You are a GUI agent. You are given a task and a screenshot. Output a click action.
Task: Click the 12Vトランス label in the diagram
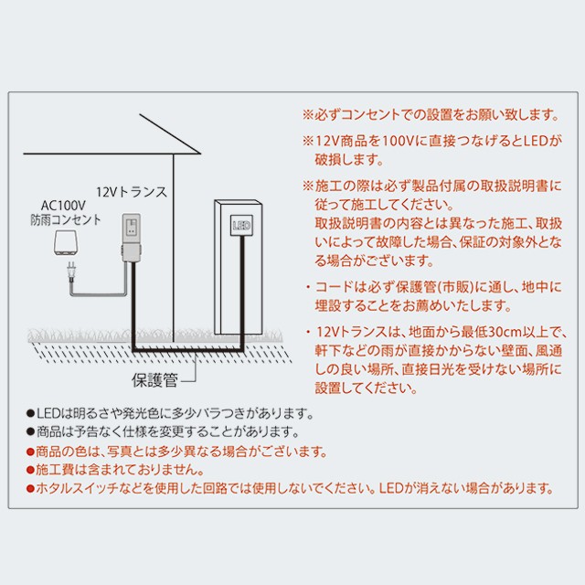point(132,192)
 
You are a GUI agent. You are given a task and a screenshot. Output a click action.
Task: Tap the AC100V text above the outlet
point(63,206)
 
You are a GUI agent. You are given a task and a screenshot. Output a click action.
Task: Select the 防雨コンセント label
point(66,219)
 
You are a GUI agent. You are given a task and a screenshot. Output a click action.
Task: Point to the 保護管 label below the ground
point(154,380)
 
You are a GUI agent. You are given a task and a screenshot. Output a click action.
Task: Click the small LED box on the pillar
point(241,225)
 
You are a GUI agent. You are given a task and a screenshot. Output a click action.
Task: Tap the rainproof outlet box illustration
point(65,243)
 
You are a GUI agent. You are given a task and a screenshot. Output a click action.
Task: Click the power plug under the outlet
point(71,271)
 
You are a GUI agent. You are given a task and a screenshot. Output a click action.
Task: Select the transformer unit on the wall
point(132,238)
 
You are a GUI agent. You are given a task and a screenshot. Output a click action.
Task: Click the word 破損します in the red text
point(349,160)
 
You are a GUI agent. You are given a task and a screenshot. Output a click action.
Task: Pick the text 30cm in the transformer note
point(505,332)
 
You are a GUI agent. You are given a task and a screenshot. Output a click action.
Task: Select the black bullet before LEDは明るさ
point(30,413)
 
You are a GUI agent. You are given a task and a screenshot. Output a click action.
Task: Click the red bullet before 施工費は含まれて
point(30,470)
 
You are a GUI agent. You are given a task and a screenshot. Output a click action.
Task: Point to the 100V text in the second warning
point(397,141)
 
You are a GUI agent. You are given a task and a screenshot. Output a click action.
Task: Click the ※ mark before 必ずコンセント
point(308,114)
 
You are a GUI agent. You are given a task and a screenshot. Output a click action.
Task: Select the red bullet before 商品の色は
point(30,452)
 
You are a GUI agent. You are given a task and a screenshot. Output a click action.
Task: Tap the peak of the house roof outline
point(140,114)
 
